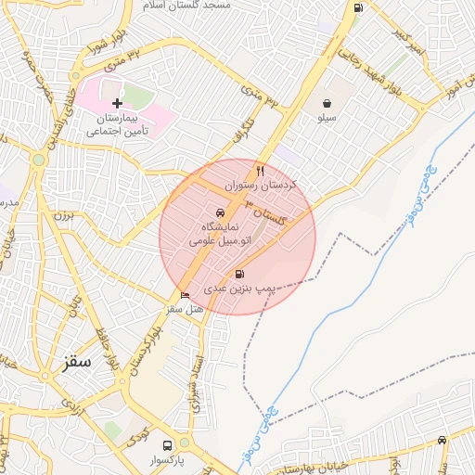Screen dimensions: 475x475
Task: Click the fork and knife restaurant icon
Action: pos(260,171)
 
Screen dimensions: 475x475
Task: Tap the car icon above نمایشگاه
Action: pos(219,212)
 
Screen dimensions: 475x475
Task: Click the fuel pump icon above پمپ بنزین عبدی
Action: pos(241,274)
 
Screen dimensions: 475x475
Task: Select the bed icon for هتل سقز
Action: pos(186,296)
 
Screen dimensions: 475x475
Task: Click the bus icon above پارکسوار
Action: pos(167,444)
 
